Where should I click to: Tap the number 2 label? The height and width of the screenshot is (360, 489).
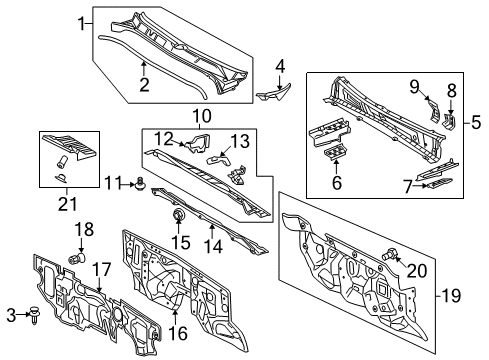(144, 85)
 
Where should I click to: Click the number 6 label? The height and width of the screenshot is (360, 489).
(335, 183)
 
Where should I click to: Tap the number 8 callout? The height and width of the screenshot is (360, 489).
(451, 90)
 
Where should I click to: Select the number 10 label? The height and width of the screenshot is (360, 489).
(202, 117)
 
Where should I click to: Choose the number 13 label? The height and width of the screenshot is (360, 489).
(240, 140)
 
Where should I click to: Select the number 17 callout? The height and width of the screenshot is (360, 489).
(102, 268)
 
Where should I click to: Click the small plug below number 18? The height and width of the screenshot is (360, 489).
(73, 258)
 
